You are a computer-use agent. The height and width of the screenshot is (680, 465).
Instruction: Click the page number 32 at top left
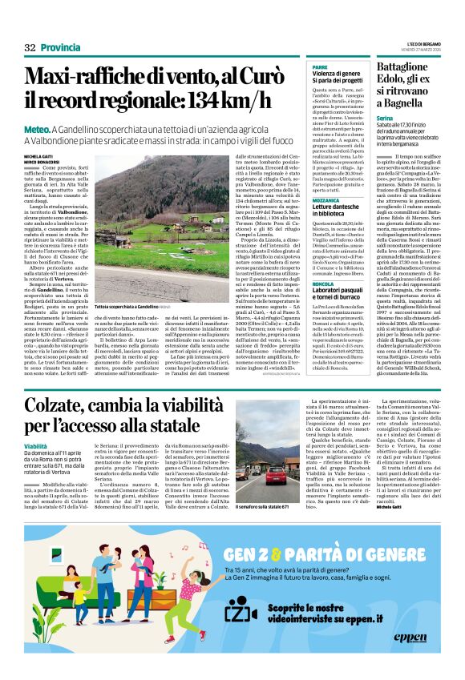point(30,48)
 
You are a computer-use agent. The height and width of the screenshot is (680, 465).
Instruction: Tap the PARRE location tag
point(320,66)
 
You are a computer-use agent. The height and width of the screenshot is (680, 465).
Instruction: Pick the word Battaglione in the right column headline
point(402,66)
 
